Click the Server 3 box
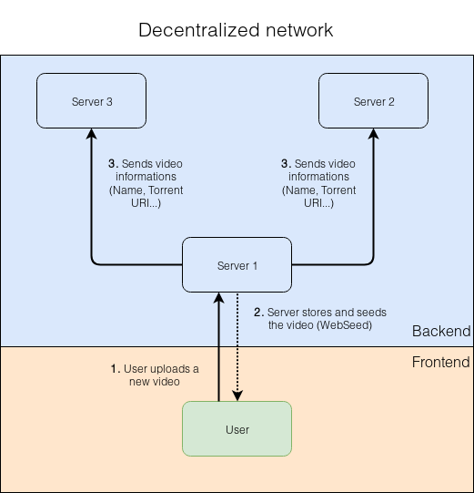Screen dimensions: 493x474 pyautogui.click(x=91, y=101)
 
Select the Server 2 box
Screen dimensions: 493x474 pyautogui.click(x=373, y=101)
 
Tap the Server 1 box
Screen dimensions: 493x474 pyautogui.click(x=237, y=265)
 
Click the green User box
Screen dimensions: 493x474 pyautogui.click(x=237, y=428)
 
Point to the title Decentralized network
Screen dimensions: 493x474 pyautogui.click(x=236, y=30)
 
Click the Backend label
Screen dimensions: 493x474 pyautogui.click(x=441, y=332)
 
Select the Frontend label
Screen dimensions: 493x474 pyautogui.click(x=440, y=363)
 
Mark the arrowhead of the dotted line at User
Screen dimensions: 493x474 pyautogui.click(x=237, y=395)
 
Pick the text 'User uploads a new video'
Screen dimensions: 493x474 pyautogui.click(x=155, y=375)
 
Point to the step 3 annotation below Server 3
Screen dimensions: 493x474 pyautogui.click(x=146, y=183)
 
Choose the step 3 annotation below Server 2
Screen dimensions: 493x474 pyautogui.click(x=318, y=183)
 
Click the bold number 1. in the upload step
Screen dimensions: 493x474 pyautogui.click(x=115, y=368)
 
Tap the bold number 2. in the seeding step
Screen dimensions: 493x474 pyautogui.click(x=257, y=313)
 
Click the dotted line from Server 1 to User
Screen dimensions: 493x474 pyautogui.click(x=237, y=346)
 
